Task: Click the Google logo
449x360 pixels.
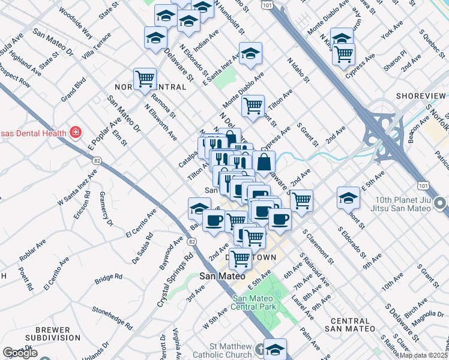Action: [x=20, y=353]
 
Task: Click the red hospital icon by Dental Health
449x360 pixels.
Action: [x=76, y=132]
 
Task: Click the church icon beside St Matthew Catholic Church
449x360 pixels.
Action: [x=259, y=349]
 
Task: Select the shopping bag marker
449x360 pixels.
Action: [x=264, y=161]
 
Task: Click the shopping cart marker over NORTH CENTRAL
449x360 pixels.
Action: [x=145, y=79]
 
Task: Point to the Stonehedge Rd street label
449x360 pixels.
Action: [x=112, y=318]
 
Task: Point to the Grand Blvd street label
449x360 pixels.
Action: [x=73, y=88]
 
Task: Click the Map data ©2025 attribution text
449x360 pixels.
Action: [x=423, y=355]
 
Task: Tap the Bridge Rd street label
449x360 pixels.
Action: [x=108, y=280]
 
